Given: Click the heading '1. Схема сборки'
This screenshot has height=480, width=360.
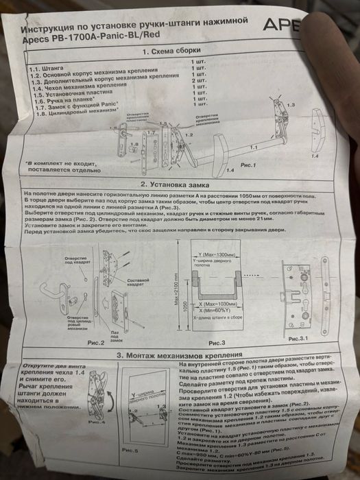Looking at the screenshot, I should click(x=171, y=51).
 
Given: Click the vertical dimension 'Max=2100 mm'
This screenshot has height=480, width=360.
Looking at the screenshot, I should click(x=176, y=291).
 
